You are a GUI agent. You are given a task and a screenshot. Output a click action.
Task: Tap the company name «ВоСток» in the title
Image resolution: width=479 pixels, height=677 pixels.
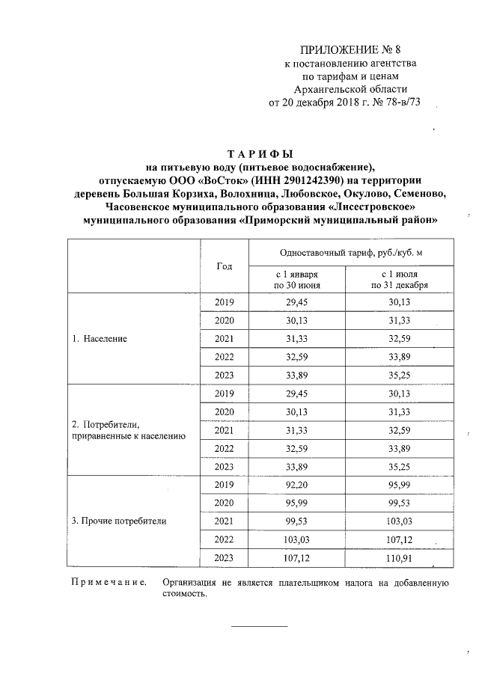point(226,180)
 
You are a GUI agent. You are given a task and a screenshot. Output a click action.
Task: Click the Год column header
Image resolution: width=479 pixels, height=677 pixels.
point(224,267)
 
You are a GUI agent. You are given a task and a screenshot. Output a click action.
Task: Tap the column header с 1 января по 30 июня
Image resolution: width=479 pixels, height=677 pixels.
point(296,280)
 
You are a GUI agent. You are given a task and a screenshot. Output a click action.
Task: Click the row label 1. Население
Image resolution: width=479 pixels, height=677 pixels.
point(100,338)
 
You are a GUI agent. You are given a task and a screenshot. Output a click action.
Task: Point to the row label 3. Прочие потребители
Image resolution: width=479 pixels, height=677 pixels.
point(119,519)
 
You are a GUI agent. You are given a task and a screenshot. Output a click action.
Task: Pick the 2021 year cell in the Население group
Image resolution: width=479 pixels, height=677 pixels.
point(224,338)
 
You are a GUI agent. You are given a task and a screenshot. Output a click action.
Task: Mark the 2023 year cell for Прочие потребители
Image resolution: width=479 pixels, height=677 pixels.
point(224,557)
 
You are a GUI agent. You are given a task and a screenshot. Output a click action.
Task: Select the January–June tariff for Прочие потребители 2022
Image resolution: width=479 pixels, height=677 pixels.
point(297,538)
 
